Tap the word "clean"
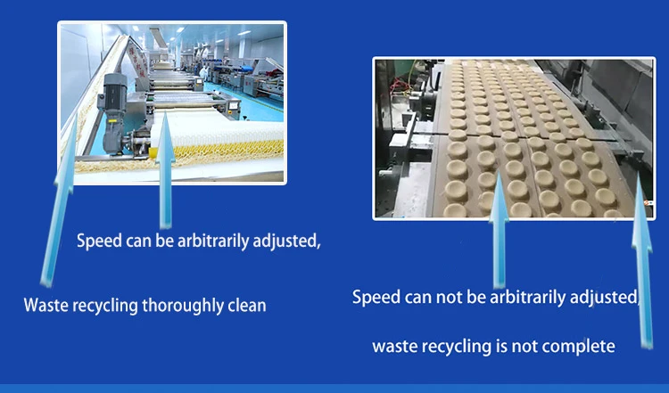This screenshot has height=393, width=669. [x=246, y=305]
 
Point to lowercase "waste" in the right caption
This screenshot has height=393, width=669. [x=395, y=344]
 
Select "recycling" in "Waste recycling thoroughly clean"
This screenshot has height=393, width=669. [x=109, y=305]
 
